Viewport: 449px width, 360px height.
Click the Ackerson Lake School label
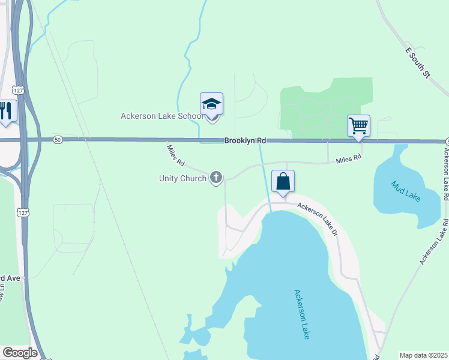pyautogui.click(x=159, y=116)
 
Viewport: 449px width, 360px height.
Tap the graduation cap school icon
pyautogui.click(x=211, y=105)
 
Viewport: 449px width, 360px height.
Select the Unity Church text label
pyautogui.click(x=182, y=178)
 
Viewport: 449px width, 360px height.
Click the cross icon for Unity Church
pyautogui.click(x=216, y=178)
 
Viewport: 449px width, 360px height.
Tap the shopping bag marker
pyautogui.click(x=283, y=182)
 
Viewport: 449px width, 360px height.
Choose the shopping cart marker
pyautogui.click(x=358, y=126)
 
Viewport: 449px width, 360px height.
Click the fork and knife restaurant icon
pyautogui.click(x=7, y=111)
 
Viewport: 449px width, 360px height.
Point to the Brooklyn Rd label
pyautogui.click(x=245, y=141)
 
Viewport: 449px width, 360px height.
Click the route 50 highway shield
pyautogui.click(x=58, y=139)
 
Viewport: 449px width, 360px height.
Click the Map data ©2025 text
pyautogui.click(x=423, y=355)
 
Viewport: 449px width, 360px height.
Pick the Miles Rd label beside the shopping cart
pyautogui.click(x=349, y=159)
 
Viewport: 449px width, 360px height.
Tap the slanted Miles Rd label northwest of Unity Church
pyautogui.click(x=175, y=155)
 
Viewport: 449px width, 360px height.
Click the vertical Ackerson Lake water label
pyautogui.click(x=302, y=314)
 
